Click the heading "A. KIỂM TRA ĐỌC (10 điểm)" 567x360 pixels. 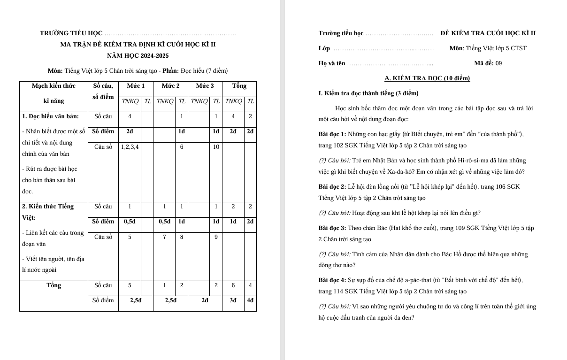coord(427,78)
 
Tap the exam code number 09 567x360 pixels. coord(498,63)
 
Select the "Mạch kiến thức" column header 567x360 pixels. coord(54,86)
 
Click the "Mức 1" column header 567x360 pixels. coord(136,86)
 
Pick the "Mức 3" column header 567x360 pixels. coord(205,86)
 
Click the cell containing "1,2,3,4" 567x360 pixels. coord(130,147)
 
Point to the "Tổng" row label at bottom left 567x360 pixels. coord(54,285)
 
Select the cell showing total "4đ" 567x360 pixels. coord(250,300)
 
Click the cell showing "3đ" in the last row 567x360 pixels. coord(233,300)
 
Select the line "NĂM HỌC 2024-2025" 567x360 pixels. coord(138,56)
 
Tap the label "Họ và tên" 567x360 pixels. coord(331,63)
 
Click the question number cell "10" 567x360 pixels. coord(216,147)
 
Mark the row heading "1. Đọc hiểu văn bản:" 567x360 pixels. coord(51,116)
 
